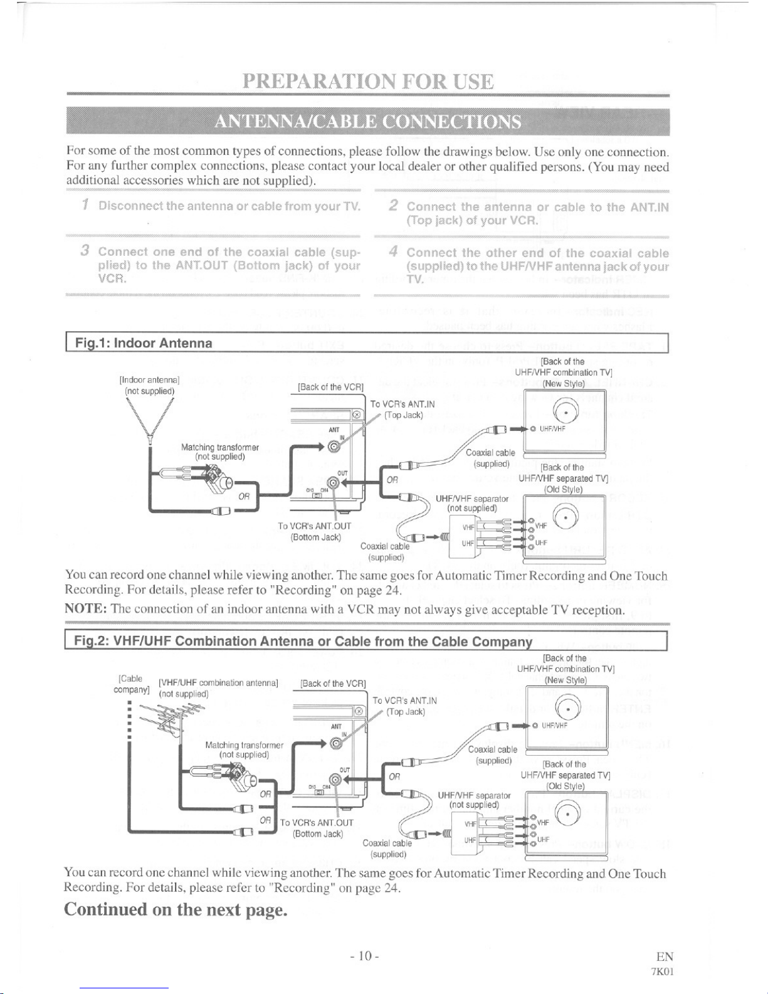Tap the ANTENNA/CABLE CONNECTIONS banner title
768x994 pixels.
point(368,122)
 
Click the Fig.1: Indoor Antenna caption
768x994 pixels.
point(144,343)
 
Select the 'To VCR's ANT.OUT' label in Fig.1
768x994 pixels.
point(315,526)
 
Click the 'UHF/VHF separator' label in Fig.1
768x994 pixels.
point(471,499)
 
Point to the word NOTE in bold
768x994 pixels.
point(85,609)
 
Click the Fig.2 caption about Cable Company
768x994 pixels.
point(303,641)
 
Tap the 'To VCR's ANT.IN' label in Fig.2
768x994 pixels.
point(405,701)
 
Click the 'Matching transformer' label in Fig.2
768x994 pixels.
point(245,745)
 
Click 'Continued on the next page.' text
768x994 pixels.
point(176,909)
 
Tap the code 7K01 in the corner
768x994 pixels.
point(662,971)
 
